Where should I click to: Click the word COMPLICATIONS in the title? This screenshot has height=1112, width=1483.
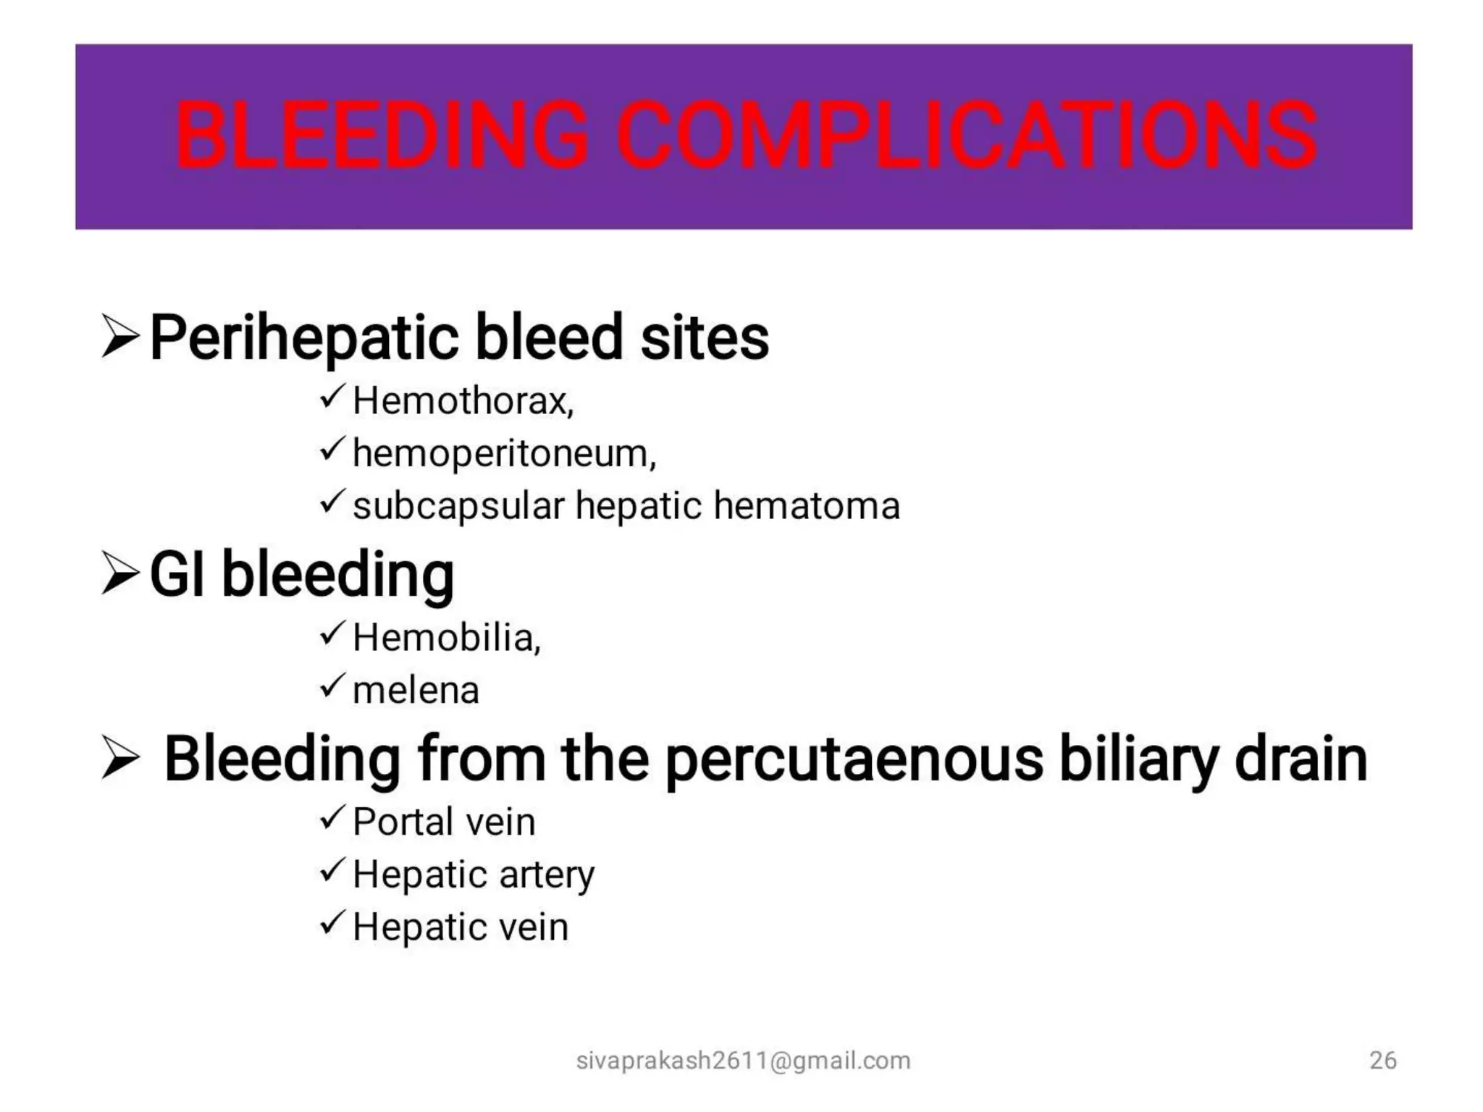click(x=967, y=135)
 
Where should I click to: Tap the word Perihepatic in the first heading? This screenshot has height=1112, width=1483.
click(x=304, y=338)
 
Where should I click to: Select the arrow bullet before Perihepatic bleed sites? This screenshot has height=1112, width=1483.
click(x=119, y=336)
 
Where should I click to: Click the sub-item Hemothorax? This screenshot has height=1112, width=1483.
click(x=462, y=401)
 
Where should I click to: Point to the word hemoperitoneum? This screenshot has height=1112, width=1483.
click(x=503, y=454)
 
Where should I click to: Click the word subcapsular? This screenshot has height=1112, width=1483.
click(x=458, y=506)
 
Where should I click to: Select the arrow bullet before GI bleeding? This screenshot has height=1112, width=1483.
click(x=119, y=573)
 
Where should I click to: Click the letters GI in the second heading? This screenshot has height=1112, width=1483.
click(x=177, y=574)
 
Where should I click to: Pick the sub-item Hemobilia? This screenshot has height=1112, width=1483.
click(x=445, y=638)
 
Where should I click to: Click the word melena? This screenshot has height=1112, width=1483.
click(x=416, y=690)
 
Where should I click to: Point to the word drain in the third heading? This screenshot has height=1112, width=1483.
click(x=1301, y=759)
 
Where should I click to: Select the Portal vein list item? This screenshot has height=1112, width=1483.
click(x=444, y=822)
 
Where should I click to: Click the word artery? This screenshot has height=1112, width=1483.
click(x=547, y=875)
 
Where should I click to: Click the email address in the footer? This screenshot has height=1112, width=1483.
click(x=743, y=1061)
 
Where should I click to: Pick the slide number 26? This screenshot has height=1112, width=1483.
click(x=1382, y=1061)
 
